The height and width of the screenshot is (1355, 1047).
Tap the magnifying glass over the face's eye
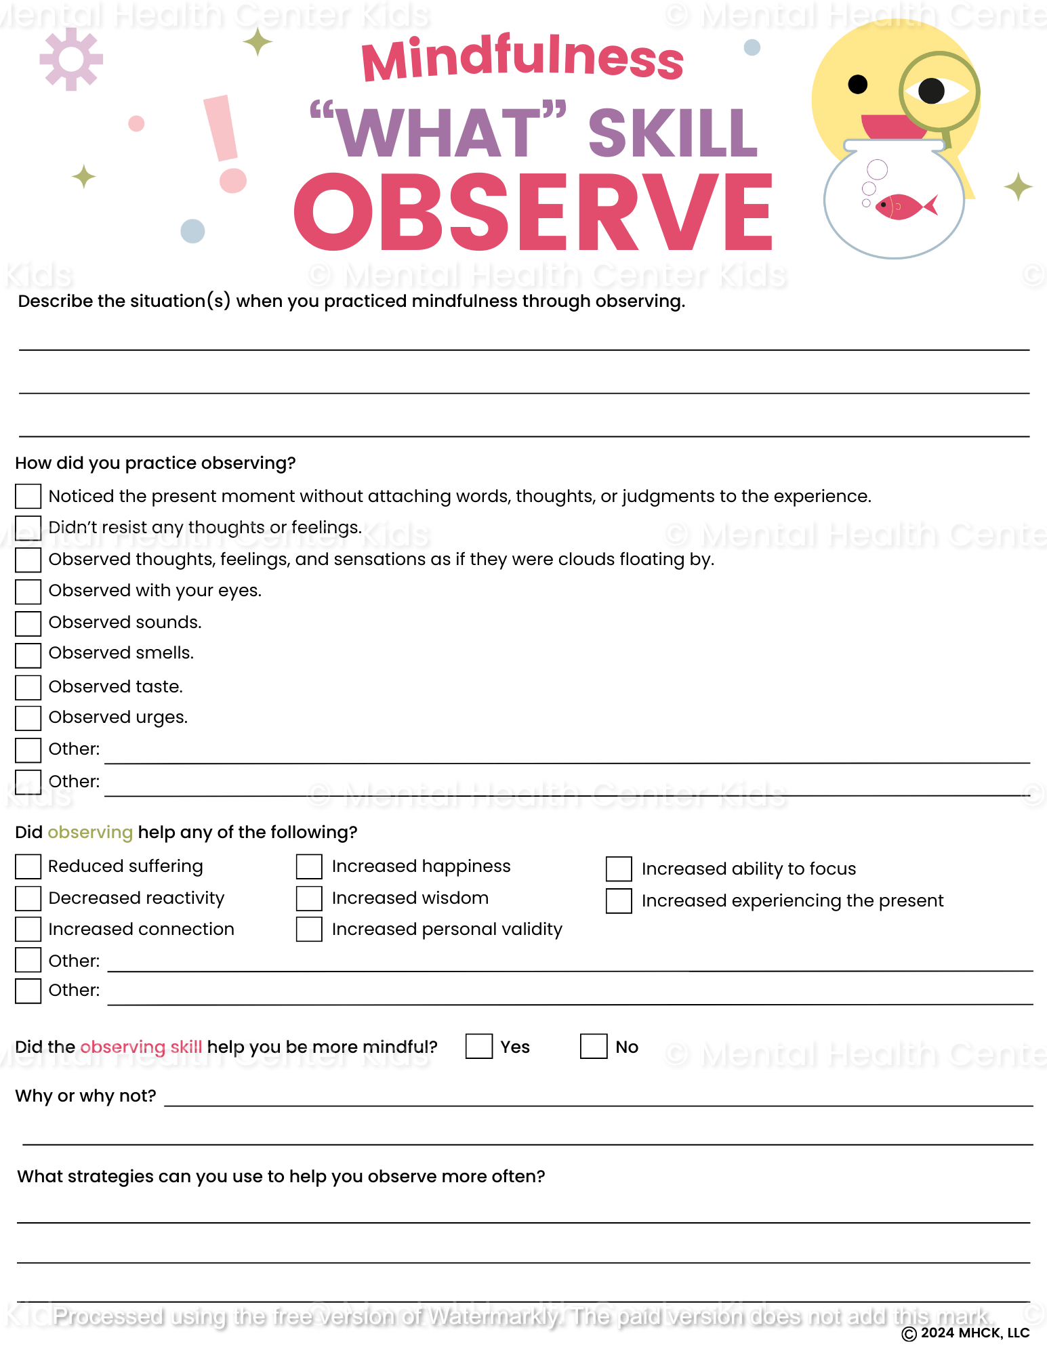pyautogui.click(x=939, y=91)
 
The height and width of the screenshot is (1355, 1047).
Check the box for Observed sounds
pyautogui.click(x=28, y=623)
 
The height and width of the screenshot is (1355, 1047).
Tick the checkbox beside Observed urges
pyautogui.click(x=28, y=718)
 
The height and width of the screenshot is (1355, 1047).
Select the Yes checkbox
pyautogui.click(x=478, y=1046)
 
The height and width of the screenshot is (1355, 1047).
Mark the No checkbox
pyautogui.click(x=593, y=1046)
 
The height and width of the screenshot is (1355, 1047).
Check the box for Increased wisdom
pyautogui.click(x=309, y=898)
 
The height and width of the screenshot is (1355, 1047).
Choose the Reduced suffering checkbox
pyautogui.click(x=28, y=867)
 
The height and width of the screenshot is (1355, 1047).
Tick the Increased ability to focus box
pyautogui.click(x=619, y=869)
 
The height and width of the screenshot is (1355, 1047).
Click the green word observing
pyautogui.click(x=90, y=833)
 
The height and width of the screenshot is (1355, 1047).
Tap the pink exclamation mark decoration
pyautogui.click(x=225, y=142)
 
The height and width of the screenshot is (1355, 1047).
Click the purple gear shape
pyautogui.click(x=71, y=59)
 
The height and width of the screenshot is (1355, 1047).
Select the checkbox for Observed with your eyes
pyautogui.click(x=28, y=591)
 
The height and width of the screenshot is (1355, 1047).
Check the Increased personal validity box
pyautogui.click(x=309, y=930)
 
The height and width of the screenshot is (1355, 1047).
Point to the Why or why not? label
pyautogui.click(x=85, y=1096)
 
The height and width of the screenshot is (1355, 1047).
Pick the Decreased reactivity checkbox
pyautogui.click(x=28, y=898)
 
